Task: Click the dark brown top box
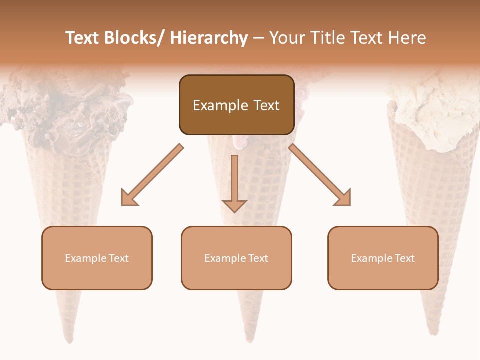click(236, 105)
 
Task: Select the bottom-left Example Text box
click(97, 258)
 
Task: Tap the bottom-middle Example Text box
click(236, 258)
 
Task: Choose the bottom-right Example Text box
click(383, 258)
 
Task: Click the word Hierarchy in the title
click(209, 38)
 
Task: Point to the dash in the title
click(258, 38)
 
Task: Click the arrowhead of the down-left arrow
click(127, 199)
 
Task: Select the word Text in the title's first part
click(83, 38)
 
